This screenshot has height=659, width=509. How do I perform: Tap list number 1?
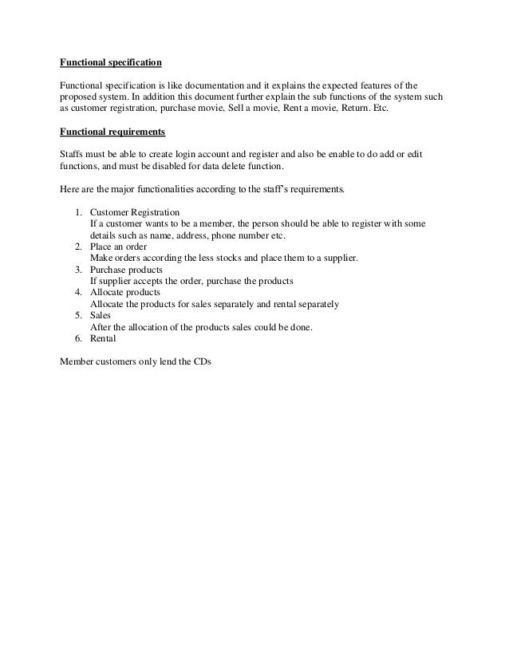78,212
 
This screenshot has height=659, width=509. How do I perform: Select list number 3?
78,270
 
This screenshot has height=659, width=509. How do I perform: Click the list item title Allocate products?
126,293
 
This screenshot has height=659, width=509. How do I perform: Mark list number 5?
78,316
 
